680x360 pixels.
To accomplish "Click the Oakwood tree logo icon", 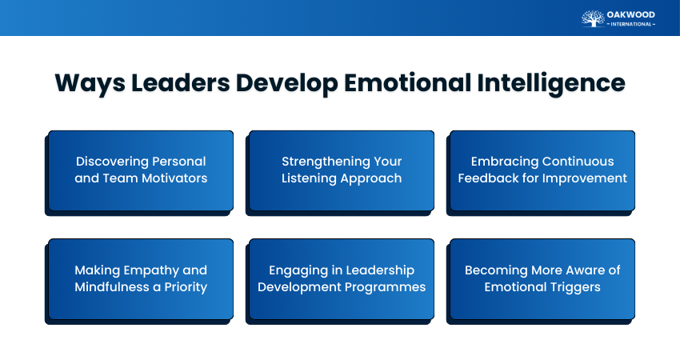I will (x=593, y=18).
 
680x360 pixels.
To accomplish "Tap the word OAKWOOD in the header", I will (x=631, y=14).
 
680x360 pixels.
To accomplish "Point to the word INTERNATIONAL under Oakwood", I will (x=631, y=24).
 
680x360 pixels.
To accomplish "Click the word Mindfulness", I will (x=112, y=287).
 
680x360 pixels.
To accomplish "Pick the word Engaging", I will (x=300, y=270).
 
